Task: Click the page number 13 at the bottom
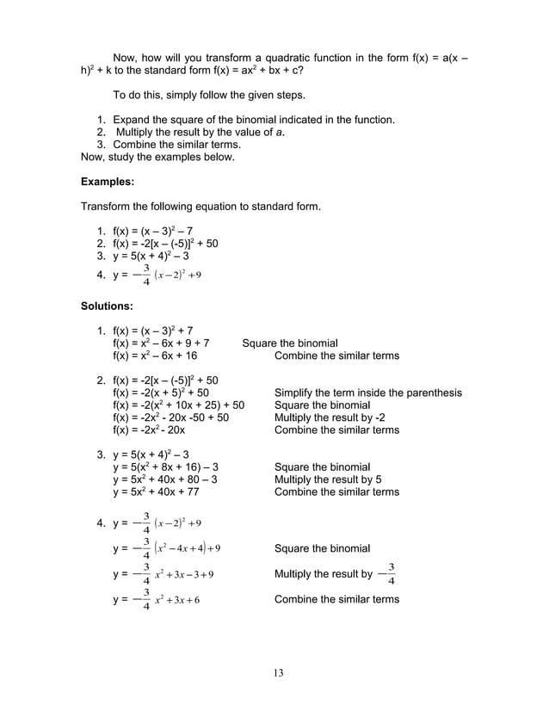click(x=275, y=672)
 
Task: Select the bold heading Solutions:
click(x=109, y=306)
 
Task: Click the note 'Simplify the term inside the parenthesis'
click(x=367, y=393)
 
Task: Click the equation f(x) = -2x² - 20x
click(x=149, y=430)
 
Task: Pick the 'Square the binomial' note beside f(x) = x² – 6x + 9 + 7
click(x=290, y=343)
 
